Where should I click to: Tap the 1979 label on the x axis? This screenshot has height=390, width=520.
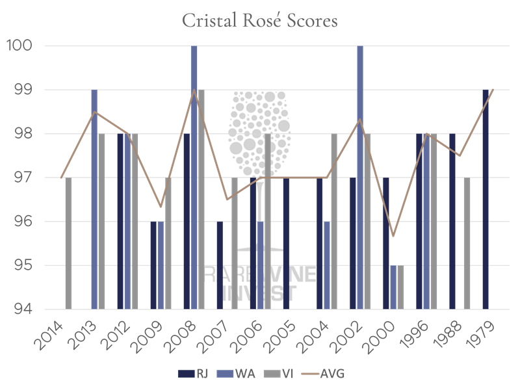point(487,332)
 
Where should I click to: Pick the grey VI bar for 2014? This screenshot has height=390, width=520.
point(68,243)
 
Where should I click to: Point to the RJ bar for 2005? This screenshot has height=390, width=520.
point(286,243)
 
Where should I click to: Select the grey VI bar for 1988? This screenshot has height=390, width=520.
point(467,243)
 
